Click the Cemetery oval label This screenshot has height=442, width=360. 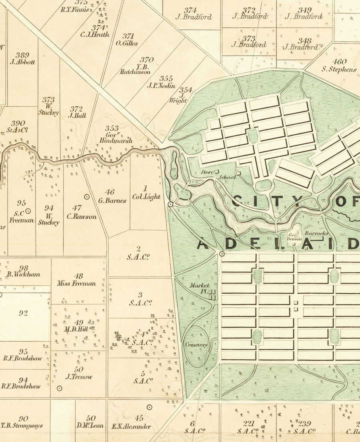click(196, 345)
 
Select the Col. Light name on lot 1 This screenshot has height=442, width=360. click(146, 197)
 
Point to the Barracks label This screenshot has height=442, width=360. click(316, 233)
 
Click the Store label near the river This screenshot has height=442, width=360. click(207, 173)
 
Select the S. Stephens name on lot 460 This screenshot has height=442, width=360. click(339, 70)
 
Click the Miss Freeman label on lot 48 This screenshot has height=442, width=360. click(79, 283)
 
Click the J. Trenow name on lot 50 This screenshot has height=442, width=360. click(79, 376)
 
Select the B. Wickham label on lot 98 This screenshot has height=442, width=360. click(23, 275)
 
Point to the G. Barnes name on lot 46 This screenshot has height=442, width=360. click(112, 201)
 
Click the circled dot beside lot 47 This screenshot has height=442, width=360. click(87, 197)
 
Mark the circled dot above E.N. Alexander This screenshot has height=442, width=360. click(150, 407)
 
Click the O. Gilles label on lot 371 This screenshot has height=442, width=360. click(127, 43)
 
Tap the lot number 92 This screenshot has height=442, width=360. click(23, 313)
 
